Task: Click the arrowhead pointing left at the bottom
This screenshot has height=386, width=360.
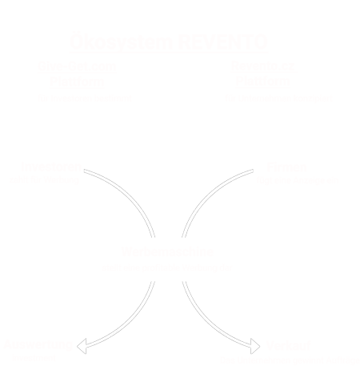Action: (80, 344)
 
